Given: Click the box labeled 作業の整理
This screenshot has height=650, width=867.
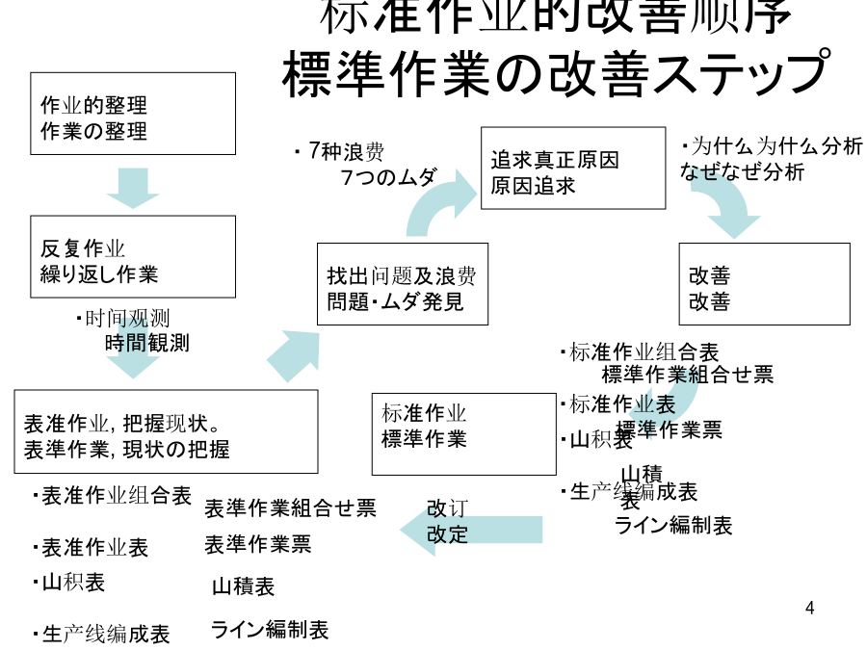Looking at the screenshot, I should coord(133,114).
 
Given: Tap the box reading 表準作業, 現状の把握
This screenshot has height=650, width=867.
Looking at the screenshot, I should coord(166,431).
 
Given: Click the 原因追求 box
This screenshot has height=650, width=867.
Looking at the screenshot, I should coord(572,168).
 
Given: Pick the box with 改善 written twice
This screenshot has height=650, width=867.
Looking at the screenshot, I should coord(764,284).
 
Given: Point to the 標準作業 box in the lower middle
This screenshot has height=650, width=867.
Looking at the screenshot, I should coord(463,433).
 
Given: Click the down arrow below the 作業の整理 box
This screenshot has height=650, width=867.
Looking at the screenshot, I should coord(133,187).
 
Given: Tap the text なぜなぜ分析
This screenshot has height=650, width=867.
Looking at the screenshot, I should coord(742,173).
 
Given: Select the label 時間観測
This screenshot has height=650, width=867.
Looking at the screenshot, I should coord(146,342).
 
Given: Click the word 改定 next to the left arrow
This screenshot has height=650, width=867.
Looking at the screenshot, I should coord(447,533).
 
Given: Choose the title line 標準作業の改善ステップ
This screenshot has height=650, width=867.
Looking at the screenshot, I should coord(556,74).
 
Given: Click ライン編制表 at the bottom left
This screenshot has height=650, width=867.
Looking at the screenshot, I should coord(270,630).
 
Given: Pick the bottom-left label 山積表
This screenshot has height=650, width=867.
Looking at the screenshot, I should coord(243,585).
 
